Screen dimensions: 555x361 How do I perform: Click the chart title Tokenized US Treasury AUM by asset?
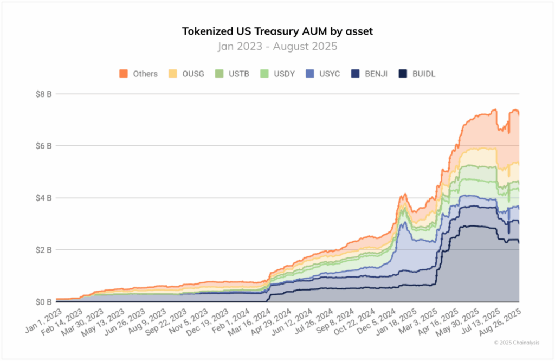tap(277, 31)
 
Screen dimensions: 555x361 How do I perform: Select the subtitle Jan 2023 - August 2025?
tap(277, 47)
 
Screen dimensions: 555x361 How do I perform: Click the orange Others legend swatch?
tap(124, 74)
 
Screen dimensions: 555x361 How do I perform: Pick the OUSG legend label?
tap(193, 74)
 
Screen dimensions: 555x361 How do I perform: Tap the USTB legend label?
tap(239, 74)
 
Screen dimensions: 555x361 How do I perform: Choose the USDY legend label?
tap(284, 74)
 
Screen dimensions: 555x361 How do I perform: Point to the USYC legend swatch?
tap(309, 74)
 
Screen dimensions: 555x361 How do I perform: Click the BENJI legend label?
tap(376, 74)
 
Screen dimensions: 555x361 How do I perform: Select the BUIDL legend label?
tap(424, 74)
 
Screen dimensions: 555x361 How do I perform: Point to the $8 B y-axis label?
tap(43, 94)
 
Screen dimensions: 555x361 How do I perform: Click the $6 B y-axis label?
tap(43, 146)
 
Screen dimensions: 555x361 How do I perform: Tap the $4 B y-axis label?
tap(43, 198)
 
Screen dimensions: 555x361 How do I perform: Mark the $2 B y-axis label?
tap(43, 250)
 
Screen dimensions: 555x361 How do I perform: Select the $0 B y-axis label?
tap(43, 302)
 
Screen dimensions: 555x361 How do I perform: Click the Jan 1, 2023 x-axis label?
tap(44, 321)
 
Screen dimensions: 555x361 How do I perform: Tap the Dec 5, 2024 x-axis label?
tap(377, 321)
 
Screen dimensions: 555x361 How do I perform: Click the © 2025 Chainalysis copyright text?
tap(517, 343)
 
